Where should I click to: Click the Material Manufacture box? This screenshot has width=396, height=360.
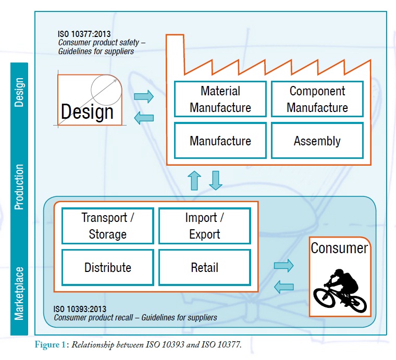(x=220, y=99)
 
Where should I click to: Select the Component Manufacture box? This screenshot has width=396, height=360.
(x=317, y=99)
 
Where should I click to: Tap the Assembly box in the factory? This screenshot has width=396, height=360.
(x=317, y=141)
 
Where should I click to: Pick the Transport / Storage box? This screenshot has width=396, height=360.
(x=108, y=226)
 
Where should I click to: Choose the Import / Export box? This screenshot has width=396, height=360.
(x=205, y=226)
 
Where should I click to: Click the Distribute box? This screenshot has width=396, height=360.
(x=108, y=268)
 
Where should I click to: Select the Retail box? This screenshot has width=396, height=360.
(x=205, y=268)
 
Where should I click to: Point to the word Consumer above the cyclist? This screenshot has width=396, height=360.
(x=339, y=248)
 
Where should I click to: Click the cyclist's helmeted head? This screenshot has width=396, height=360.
(x=338, y=272)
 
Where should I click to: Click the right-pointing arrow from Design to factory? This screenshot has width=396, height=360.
(x=144, y=96)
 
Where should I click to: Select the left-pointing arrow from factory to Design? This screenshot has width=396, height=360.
(x=144, y=118)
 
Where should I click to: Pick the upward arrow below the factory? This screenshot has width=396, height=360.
(x=194, y=180)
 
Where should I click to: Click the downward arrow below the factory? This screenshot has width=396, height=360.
(x=216, y=180)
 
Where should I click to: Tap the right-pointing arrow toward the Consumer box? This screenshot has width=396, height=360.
(x=283, y=266)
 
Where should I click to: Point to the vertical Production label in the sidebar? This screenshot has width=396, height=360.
(x=19, y=187)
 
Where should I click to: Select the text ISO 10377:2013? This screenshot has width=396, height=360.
(x=84, y=34)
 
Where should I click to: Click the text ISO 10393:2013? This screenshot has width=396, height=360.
(x=80, y=309)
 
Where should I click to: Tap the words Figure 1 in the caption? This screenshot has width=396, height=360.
(x=50, y=344)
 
